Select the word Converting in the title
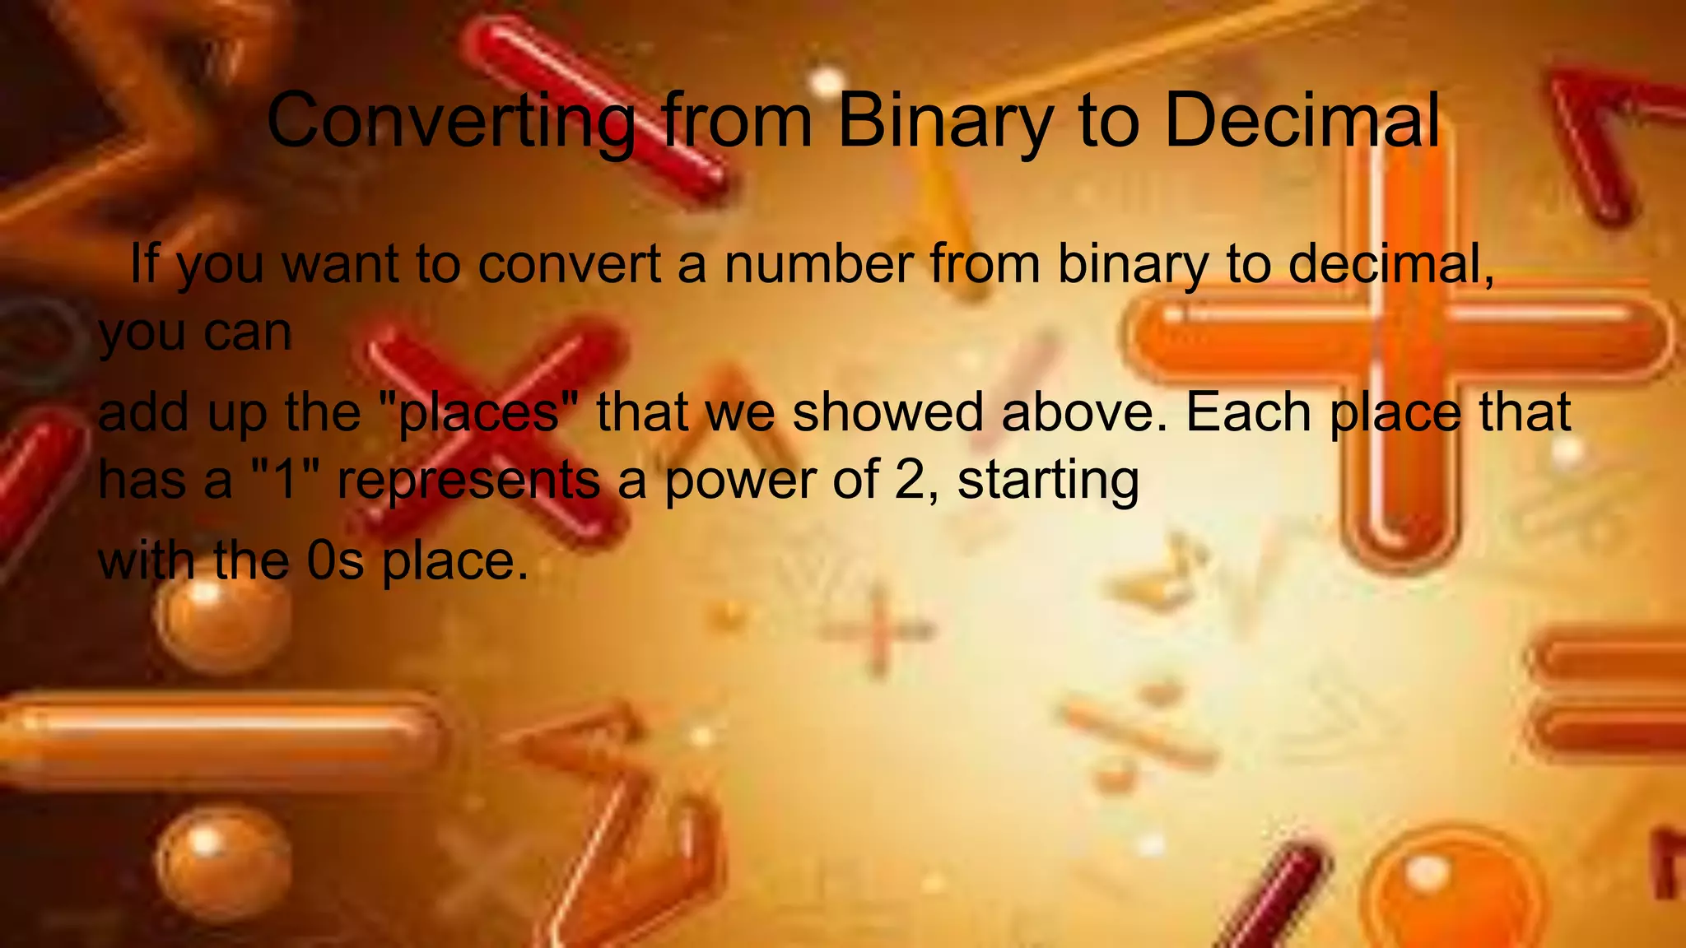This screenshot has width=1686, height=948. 450,121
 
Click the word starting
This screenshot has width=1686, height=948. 1048,479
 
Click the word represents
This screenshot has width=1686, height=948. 469,479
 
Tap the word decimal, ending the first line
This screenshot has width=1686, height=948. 1391,264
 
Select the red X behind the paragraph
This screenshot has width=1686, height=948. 494,428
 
